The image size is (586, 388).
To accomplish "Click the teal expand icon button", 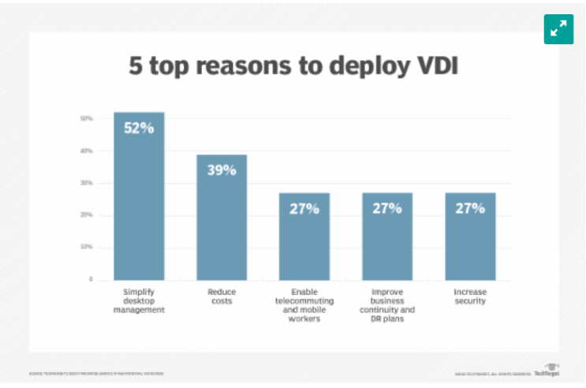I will coord(558,28).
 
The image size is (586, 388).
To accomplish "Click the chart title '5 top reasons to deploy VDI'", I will coord(293,68).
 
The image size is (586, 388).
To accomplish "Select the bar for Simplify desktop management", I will coord(139,197).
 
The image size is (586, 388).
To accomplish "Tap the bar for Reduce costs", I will coord(222,218).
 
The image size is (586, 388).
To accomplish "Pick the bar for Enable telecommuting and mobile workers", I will coord(304,237).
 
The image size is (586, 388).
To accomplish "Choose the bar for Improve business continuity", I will coord(386,237).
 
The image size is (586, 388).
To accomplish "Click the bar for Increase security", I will coord(470,237).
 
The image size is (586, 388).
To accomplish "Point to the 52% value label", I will coord(139,127).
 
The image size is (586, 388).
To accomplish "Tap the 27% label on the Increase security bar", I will coord(470,208).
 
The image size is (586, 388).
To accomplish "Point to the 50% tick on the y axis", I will coord(86,118).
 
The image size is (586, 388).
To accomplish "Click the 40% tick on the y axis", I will coord(86,151).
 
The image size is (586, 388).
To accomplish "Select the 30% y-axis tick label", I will coord(86,183).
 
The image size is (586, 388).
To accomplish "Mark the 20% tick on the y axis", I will coord(86,215).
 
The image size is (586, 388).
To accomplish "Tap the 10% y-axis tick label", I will coord(86,247).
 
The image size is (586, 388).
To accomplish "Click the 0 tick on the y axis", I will coord(90,279).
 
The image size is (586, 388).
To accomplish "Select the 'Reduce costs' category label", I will coord(222,297).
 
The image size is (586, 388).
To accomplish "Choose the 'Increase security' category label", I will coord(470,297).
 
